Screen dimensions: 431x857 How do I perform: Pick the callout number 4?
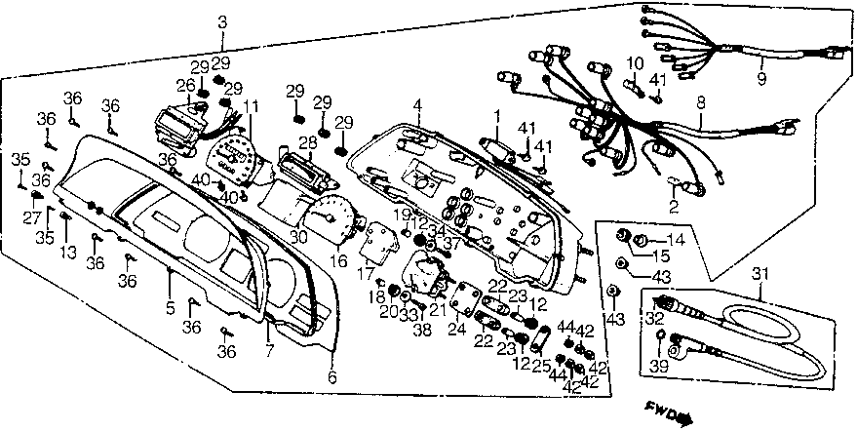pos(416,104)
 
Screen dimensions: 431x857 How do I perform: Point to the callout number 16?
pos(339,261)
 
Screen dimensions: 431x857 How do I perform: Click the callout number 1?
pos(496,117)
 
